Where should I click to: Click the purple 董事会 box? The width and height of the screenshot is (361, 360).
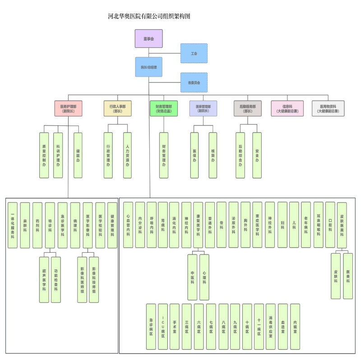tap(148, 39)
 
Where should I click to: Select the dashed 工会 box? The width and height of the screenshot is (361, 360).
tap(194, 53)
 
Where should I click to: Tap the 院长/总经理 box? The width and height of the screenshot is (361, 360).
tap(148, 67)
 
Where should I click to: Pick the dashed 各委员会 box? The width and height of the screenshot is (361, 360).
tap(194, 83)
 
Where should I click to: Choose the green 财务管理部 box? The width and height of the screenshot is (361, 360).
tap(163, 108)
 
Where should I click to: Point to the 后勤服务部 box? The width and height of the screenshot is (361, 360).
tap(247, 108)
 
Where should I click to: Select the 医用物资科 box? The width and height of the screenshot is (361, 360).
tap(328, 108)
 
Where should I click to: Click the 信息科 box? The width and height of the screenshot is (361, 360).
tap(287, 108)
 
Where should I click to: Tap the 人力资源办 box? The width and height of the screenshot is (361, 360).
tap(127, 155)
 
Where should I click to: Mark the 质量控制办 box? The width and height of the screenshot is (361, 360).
tap(44, 155)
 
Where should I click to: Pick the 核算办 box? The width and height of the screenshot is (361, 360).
tap(213, 155)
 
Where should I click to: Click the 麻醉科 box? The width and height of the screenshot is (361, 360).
tap(25, 225)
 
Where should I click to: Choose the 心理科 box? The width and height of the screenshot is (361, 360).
tap(204, 277)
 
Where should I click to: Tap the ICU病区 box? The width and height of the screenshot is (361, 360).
tap(163, 326)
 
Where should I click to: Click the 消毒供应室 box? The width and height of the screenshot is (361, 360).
tap(270, 326)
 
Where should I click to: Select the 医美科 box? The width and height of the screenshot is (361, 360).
tap(348, 276)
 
